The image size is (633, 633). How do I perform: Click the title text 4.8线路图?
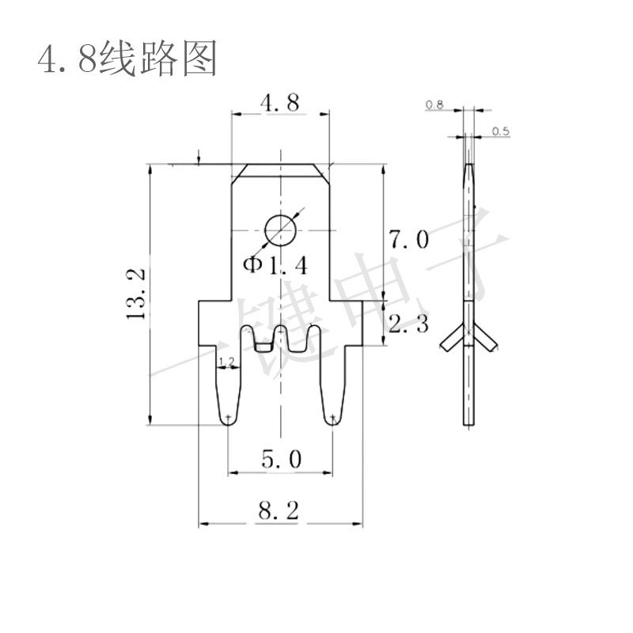tap(127, 59)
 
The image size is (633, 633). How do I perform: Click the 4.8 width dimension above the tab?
tap(280, 103)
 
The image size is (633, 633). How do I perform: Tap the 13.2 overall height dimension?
tap(135, 294)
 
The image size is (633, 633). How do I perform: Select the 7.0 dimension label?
tap(408, 239)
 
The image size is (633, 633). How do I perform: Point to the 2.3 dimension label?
tap(408, 324)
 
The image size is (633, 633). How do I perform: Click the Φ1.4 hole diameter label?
tap(275, 266)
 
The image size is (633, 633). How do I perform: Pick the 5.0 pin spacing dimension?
tap(282, 460)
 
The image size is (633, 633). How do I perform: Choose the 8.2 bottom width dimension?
tap(279, 510)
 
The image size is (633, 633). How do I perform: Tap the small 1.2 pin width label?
tap(228, 362)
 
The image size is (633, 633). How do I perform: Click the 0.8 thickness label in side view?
tap(434, 105)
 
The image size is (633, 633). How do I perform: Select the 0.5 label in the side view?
tap(501, 131)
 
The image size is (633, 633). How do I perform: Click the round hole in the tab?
tap(281, 230)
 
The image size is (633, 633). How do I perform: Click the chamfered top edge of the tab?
tap(281, 165)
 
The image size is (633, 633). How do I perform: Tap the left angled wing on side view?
tap(451, 338)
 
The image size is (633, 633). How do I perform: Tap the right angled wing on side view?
tap(485, 338)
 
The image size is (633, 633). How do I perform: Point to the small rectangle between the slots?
tap(263, 347)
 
